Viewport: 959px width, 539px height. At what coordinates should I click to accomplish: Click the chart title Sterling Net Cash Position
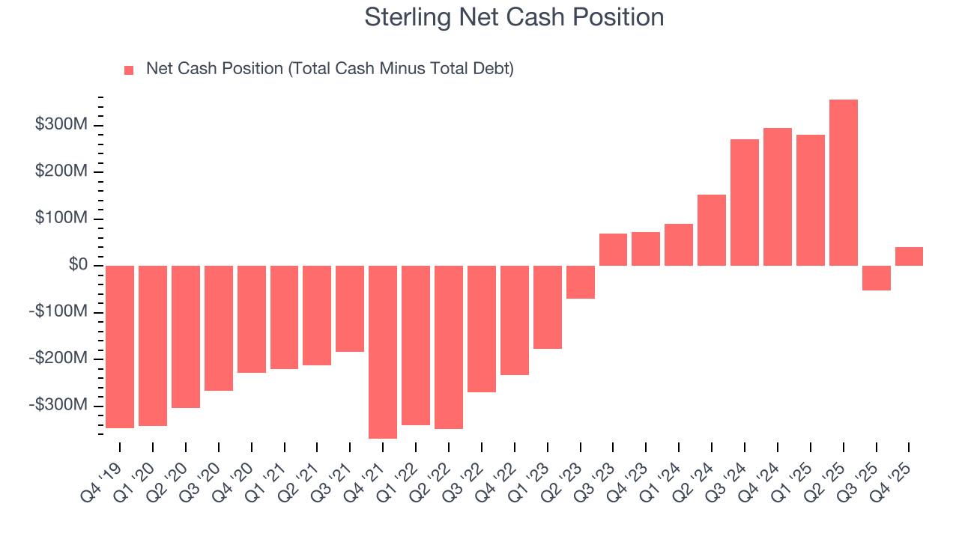coord(514,17)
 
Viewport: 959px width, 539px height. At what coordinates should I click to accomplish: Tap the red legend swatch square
coord(129,70)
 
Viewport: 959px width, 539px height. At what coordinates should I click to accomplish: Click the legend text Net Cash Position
coord(330,69)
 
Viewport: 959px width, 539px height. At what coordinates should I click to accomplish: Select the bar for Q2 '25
coord(843,183)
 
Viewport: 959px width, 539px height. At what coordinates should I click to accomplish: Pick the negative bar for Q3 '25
coord(876,278)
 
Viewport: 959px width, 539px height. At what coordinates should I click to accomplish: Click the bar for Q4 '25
coord(909,256)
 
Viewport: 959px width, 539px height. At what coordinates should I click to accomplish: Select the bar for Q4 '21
coord(383,352)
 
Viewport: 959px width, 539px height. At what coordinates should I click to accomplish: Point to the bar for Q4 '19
coord(120,347)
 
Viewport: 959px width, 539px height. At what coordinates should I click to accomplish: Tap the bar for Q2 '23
coord(580,282)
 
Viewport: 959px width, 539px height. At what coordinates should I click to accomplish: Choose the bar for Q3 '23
coord(613,249)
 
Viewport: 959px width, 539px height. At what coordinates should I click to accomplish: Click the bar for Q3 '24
coord(744,202)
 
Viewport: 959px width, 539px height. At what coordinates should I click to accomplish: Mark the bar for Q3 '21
coord(350,308)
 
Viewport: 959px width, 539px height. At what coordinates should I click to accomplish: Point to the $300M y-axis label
coord(61,124)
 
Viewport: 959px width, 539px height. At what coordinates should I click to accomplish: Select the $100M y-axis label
coord(61,219)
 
